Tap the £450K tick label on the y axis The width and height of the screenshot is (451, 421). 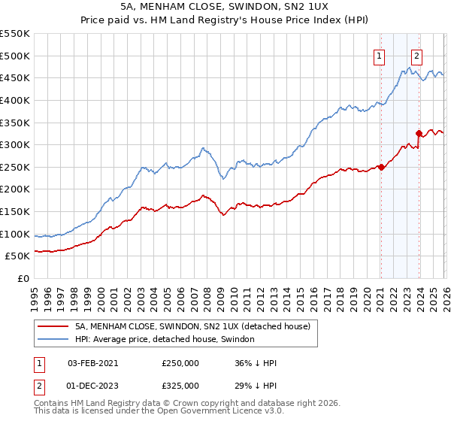15,77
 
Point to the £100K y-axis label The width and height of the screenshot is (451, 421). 15,234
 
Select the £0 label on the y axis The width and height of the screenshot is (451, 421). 23,278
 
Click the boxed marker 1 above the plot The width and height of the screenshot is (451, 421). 380,55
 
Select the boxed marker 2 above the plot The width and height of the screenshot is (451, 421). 417,55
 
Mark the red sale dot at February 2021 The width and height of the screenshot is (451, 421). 381,167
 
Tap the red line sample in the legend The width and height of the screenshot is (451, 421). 53,326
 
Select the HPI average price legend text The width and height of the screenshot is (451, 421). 165,340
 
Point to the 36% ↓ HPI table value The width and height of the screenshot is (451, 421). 256,363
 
